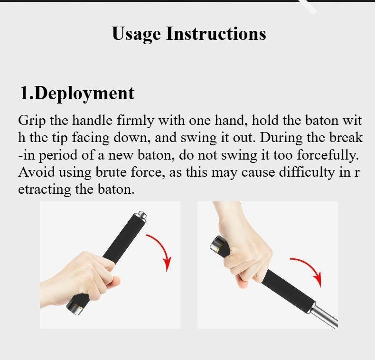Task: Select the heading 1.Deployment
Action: point(77,93)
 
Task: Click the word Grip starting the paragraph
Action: point(32,121)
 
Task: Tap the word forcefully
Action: point(328,155)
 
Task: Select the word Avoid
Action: point(33,171)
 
